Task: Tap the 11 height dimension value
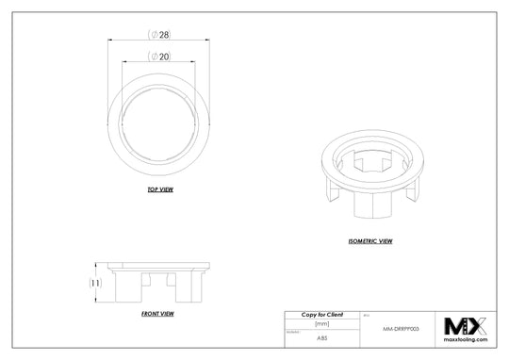tap(95, 282)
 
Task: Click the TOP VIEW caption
tap(159, 189)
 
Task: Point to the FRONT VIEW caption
tap(156, 312)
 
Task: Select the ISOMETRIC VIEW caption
tap(370, 240)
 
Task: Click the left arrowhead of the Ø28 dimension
tap(112, 40)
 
